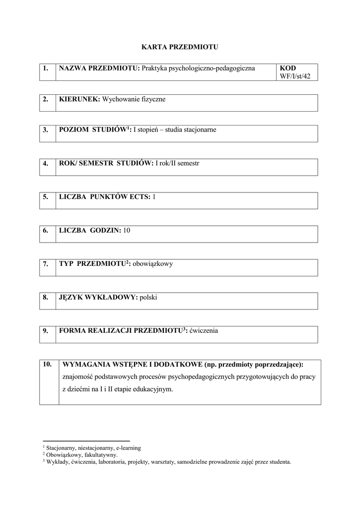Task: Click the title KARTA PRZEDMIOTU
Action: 180,47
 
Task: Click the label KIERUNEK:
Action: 79,99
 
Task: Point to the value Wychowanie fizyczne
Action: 134,99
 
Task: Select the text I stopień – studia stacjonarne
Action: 175,130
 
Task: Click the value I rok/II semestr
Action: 177,163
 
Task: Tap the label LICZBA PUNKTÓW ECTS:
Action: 105,197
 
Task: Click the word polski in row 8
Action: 148,297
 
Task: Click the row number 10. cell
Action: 48,364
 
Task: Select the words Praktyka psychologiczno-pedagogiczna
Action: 198,68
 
